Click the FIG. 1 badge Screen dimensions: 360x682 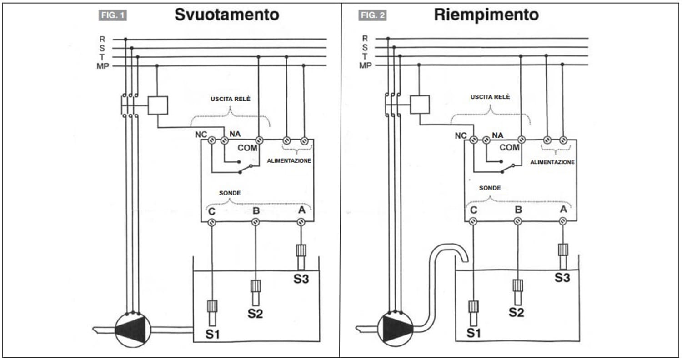coord(113,15)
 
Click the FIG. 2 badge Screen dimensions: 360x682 coord(373,15)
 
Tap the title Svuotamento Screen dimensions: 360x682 coord(227,15)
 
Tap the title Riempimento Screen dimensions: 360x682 coord(486,15)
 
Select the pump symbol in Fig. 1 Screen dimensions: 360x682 coord(133,330)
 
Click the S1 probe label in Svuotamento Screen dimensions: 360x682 coord(213,335)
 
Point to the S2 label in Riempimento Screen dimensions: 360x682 coord(517,312)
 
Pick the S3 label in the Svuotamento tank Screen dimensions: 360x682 coord(301,279)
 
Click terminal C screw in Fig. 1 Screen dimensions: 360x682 coord(212,222)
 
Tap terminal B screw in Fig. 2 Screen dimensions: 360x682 coord(517,221)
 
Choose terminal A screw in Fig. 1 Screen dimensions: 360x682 coord(301,222)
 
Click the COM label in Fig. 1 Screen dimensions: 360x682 coord(247,148)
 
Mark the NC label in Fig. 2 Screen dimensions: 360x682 coord(461,135)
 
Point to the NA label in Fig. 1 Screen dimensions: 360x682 coord(236,134)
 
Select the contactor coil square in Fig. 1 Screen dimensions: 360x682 coord(158,105)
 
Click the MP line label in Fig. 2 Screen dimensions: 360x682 coord(366,66)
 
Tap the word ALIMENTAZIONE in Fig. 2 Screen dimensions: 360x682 coord(552,162)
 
